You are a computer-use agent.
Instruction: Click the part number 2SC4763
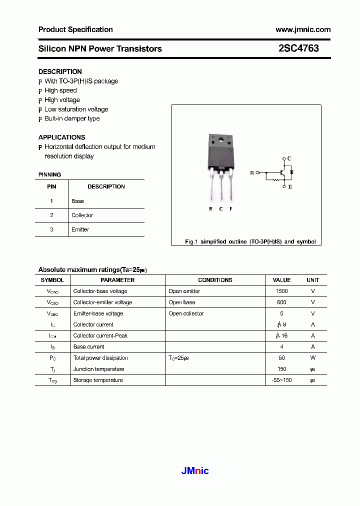tap(298, 48)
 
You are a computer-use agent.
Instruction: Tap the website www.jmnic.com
tap(302, 29)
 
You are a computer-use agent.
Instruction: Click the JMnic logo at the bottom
tap(194, 470)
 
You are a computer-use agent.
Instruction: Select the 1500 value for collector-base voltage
tap(281, 291)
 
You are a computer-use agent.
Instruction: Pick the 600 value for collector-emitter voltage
tap(281, 302)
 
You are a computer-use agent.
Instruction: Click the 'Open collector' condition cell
tap(186, 313)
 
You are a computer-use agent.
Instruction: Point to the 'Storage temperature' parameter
tap(98, 380)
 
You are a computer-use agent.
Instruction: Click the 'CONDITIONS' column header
tap(215, 280)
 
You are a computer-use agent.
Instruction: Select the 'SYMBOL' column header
tap(52, 280)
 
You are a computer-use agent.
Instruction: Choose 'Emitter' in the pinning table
tap(80, 229)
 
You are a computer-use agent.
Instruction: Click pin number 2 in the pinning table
tap(51, 215)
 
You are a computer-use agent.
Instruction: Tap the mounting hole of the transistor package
tap(220, 139)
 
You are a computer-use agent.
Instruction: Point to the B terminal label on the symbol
tap(252, 172)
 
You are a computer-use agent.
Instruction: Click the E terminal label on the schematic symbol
tap(289, 187)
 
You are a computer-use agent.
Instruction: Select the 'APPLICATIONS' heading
tap(61, 137)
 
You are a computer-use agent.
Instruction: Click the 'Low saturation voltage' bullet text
tap(76, 109)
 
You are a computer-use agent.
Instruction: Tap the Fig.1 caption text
tap(250, 241)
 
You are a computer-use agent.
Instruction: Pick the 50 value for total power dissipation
tap(281, 358)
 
